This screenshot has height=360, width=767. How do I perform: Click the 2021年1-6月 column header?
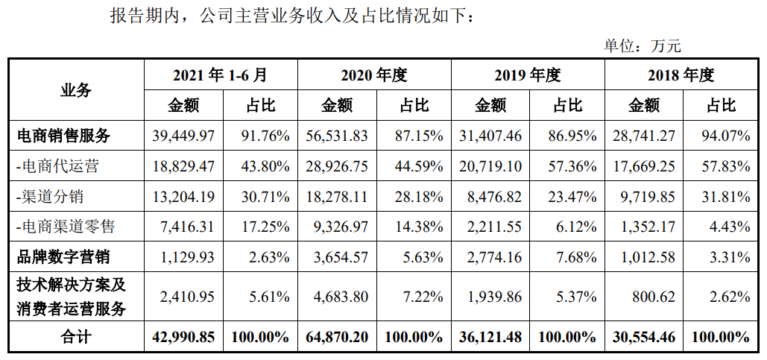221,75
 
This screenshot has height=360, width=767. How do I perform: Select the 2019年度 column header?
527,75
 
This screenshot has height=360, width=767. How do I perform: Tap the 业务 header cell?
76,90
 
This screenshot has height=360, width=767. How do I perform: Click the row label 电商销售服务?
63,136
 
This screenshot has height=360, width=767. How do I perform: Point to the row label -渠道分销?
49,196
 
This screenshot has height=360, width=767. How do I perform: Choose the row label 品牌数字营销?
63,256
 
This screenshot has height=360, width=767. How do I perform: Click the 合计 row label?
76,337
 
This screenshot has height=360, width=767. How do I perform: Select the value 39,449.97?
183,136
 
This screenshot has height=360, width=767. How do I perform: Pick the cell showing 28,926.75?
337,165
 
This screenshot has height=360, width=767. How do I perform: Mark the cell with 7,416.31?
187,227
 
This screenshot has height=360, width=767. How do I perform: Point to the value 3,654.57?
341,256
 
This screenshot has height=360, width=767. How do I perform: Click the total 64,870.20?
337,337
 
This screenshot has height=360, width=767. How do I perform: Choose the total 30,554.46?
644,337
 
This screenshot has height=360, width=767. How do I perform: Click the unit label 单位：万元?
642,46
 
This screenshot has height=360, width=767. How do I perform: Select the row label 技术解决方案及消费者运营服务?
72,297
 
